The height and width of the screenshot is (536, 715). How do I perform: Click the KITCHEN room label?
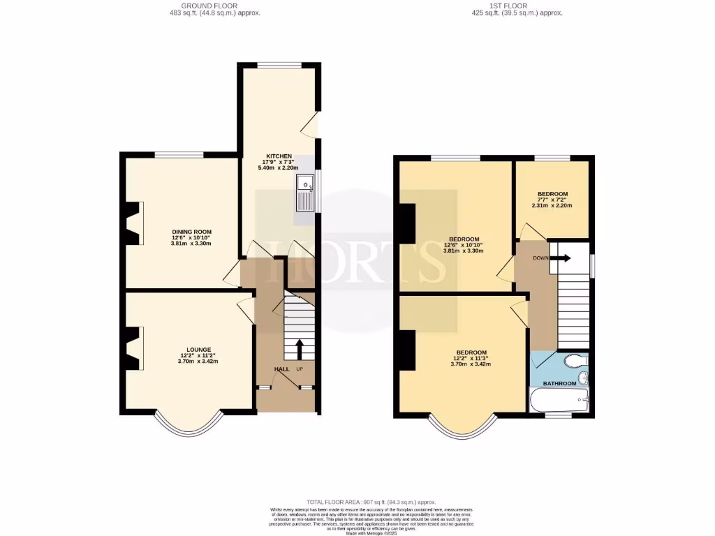point(278,156)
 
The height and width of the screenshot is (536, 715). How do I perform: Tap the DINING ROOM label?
point(191,232)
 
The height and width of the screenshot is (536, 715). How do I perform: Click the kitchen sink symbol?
point(306,193)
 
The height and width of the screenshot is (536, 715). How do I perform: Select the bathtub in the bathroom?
point(559,401)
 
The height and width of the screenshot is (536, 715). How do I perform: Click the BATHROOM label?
point(560,383)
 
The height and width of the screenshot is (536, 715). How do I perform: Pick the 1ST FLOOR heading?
point(517,6)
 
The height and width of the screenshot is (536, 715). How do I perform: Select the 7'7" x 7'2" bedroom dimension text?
point(552,200)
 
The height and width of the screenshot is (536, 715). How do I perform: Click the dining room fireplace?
point(133,223)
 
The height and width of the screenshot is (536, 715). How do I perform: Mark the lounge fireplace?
point(133,348)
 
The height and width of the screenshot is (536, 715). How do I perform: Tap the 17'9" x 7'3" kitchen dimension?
point(278,162)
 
